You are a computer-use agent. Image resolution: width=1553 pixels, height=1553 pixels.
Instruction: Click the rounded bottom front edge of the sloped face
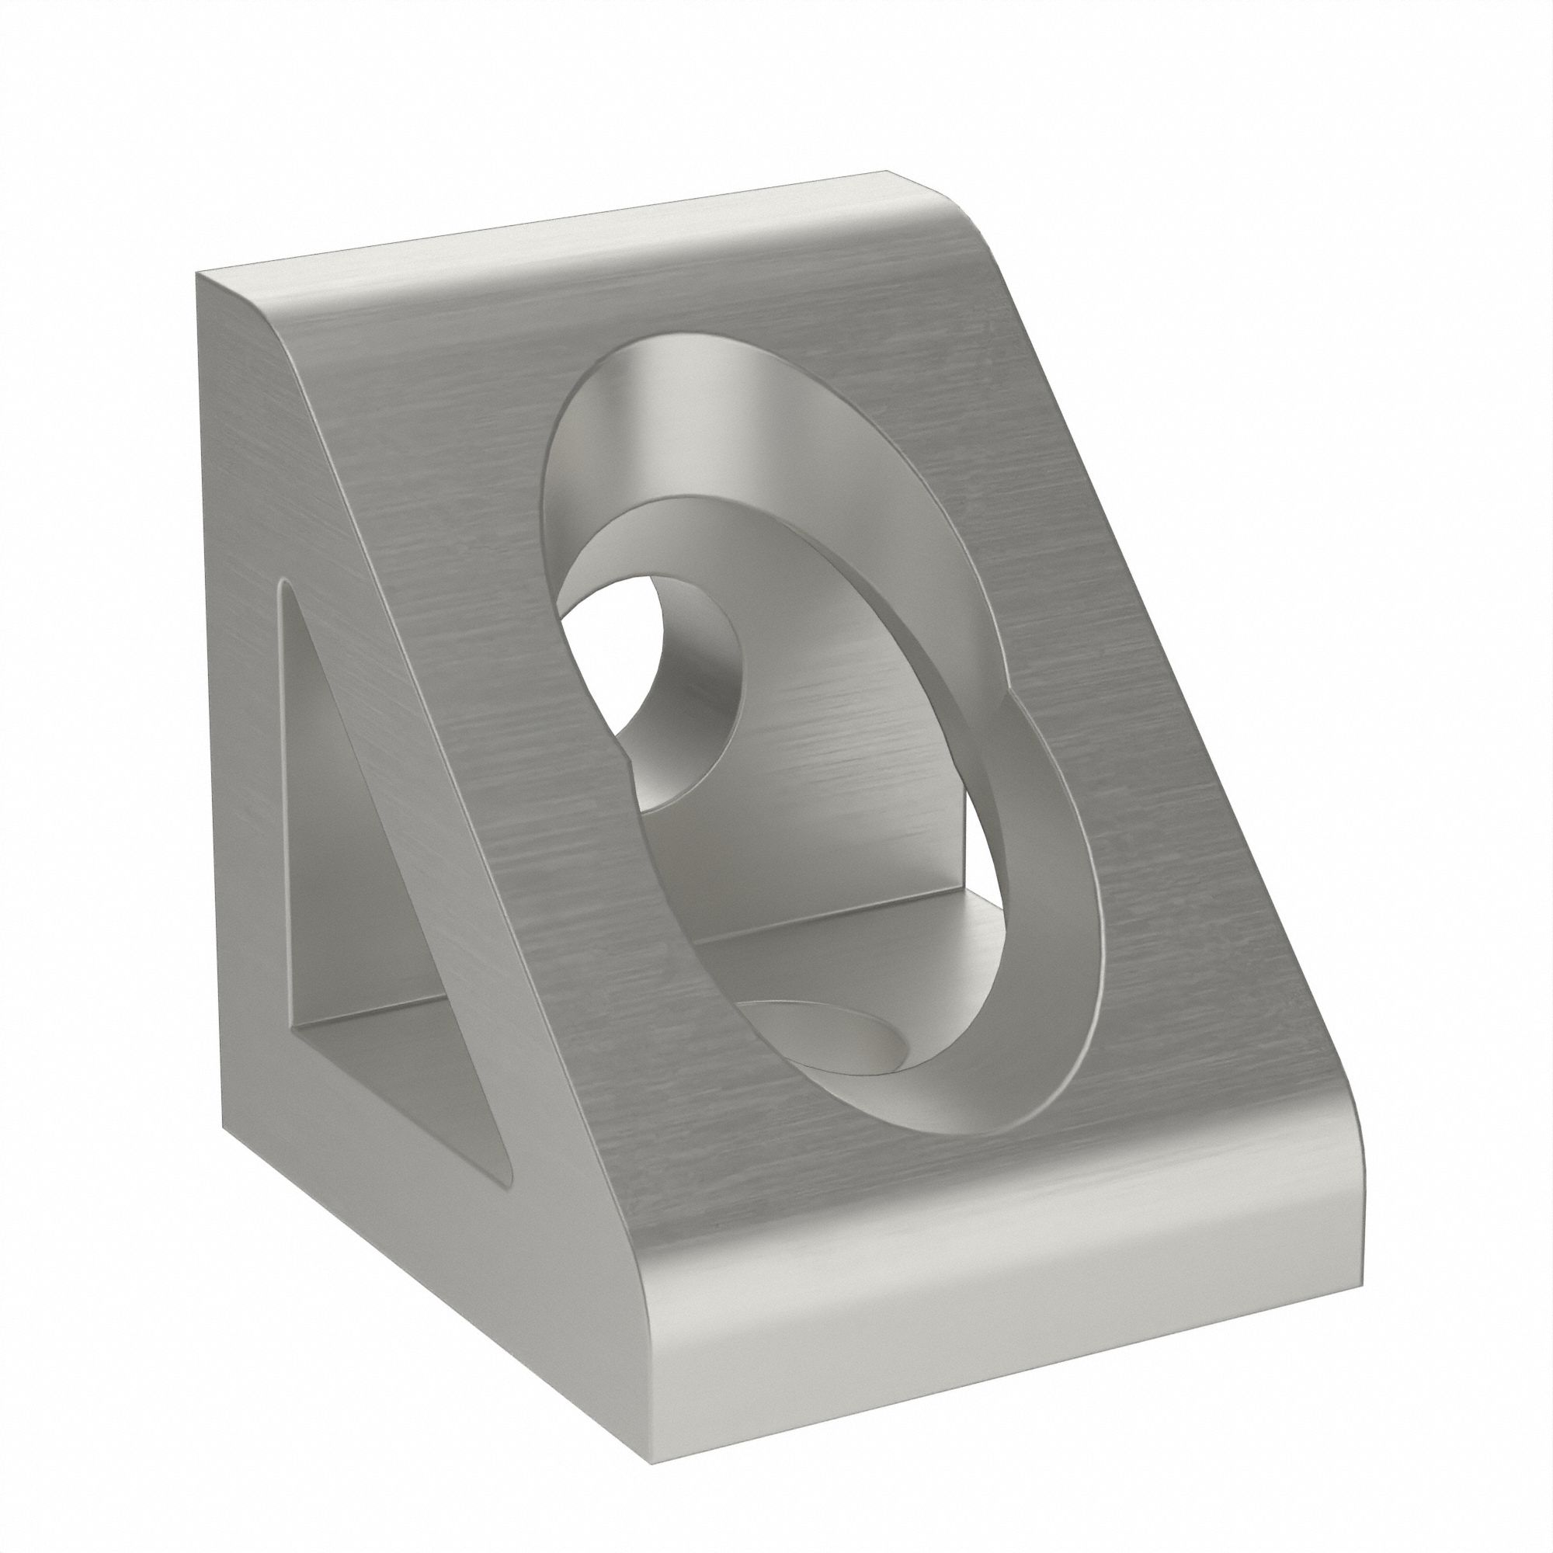click(924, 1254)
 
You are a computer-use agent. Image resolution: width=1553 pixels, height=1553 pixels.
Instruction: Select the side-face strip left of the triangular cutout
click(241, 724)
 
